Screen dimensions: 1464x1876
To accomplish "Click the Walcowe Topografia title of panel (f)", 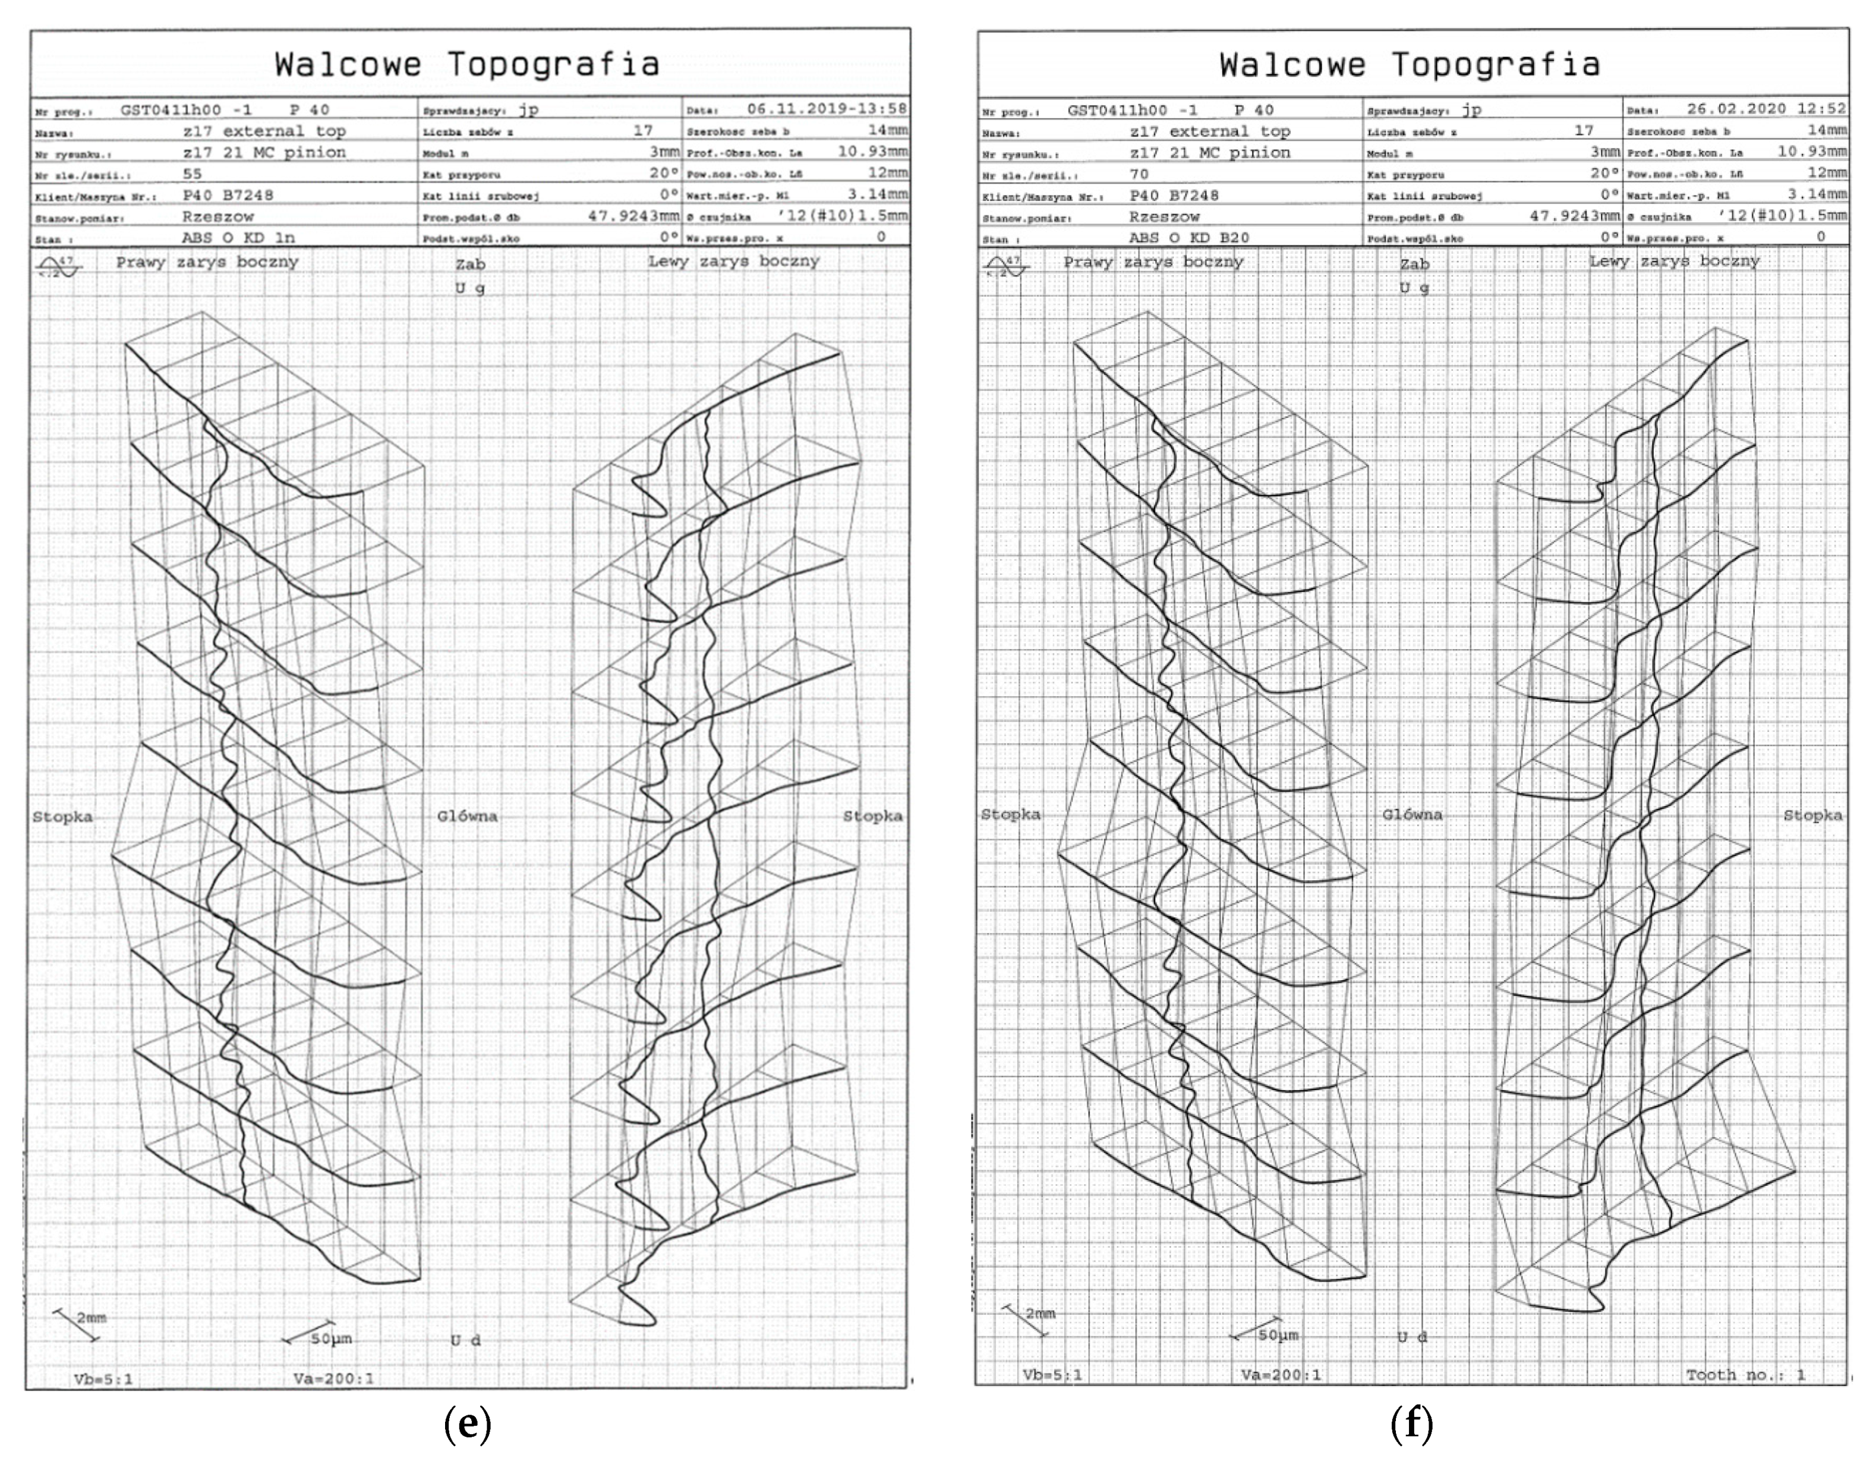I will tap(1410, 65).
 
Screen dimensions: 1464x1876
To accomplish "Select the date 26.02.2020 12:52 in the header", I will tap(1766, 109).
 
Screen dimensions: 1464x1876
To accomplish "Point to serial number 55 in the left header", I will tap(193, 174).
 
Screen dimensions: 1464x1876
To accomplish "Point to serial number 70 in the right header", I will tap(1139, 174).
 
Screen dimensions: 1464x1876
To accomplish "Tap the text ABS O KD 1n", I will tap(238, 238).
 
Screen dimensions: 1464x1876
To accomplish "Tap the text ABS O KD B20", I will tap(1189, 238).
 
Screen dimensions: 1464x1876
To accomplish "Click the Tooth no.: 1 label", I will tap(1745, 1375).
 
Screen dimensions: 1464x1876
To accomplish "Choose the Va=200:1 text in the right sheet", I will tap(1281, 1375).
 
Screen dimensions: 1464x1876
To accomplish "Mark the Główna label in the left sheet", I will tap(467, 816).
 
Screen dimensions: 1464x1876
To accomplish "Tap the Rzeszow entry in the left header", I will tap(218, 216).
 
